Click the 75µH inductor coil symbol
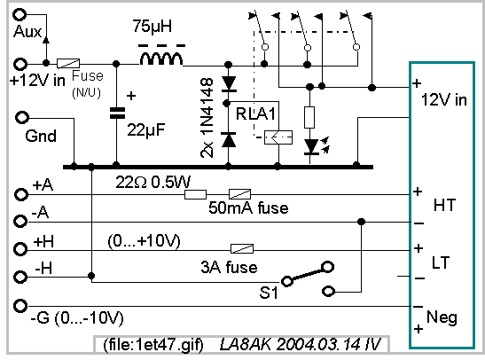pos(161,59)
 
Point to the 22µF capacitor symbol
pos(118,113)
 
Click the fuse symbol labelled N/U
pos(68,64)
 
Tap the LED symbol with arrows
pos(312,146)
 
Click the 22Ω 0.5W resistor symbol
pos(195,194)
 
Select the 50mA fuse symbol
pos(239,194)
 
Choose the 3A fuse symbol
pos(242,248)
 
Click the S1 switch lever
pos(307,274)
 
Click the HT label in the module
pos(445,205)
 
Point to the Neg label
pos(442,317)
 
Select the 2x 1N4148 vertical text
pos(207,118)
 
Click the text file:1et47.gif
pos(153,345)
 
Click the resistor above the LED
pos(309,118)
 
